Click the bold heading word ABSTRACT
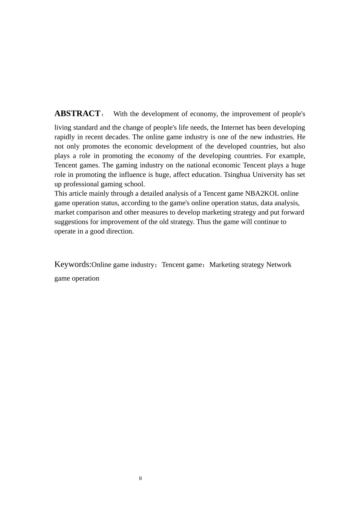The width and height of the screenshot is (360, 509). tap(77, 114)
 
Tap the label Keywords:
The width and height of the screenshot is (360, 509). tap(73, 264)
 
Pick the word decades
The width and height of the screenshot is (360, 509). tap(117, 137)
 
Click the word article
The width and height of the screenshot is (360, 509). tap(78, 194)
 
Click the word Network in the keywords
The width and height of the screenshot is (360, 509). tap(279, 265)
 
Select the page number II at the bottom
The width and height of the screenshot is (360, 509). tap(141, 478)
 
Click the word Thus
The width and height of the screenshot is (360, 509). tap(203, 222)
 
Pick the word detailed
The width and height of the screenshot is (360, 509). tap(151, 194)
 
